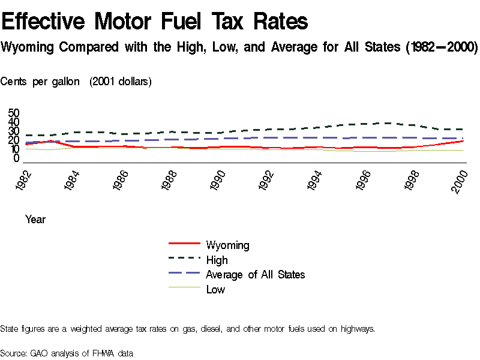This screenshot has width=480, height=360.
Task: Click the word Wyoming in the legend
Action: pos(227,245)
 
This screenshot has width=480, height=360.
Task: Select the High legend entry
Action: pos(217,260)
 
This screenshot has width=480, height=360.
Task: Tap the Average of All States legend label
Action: pos(255,274)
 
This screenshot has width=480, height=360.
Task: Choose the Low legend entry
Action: pos(215,289)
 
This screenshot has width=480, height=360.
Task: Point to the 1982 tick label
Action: pos(26,181)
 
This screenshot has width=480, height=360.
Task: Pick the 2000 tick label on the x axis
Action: pos(460,181)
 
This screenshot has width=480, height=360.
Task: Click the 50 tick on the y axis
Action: pos(14,113)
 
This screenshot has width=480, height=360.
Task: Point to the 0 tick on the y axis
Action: pos(17,158)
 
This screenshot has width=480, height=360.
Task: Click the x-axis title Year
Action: pos(35,220)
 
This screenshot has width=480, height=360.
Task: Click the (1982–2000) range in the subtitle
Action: pos(441,47)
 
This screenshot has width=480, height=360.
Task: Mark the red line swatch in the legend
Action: pos(184,244)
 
